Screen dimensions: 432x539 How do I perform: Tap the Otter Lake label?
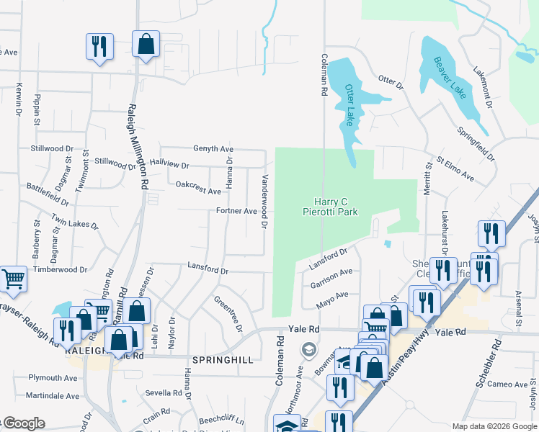click(349, 104)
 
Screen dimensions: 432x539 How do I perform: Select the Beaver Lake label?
click(450, 77)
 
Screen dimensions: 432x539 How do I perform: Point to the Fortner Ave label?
click(236, 211)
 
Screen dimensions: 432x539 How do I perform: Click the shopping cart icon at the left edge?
click(12, 279)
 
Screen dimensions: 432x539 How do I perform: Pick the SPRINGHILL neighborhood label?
click(223, 359)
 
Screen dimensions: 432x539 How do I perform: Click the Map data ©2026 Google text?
click(494, 426)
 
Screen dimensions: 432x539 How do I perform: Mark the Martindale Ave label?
click(52, 396)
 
